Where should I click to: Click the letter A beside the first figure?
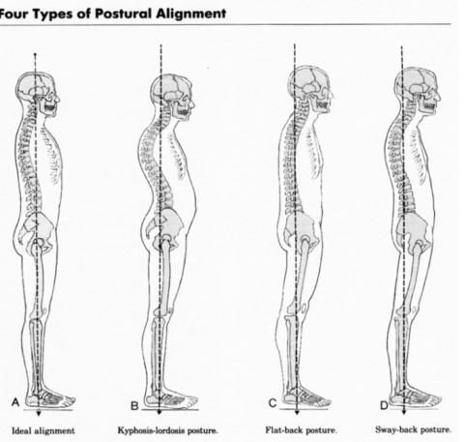point(15,402)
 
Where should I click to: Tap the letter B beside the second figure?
point(134,405)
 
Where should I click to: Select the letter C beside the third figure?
point(273,403)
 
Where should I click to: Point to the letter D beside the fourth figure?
point(384,405)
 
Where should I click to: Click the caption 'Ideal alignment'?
point(43,430)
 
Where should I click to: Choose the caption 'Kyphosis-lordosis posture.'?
point(167,430)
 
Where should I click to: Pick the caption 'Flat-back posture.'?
point(302,430)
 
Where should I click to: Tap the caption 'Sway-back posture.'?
point(414,429)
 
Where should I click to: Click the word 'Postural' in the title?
point(124,14)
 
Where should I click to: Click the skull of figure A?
point(38,93)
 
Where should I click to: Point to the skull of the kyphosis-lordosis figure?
point(173,97)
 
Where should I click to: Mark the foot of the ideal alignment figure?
point(50,400)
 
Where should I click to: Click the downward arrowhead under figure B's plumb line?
point(159,412)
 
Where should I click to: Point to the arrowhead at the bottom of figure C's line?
point(297,412)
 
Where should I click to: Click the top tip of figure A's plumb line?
point(36,53)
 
